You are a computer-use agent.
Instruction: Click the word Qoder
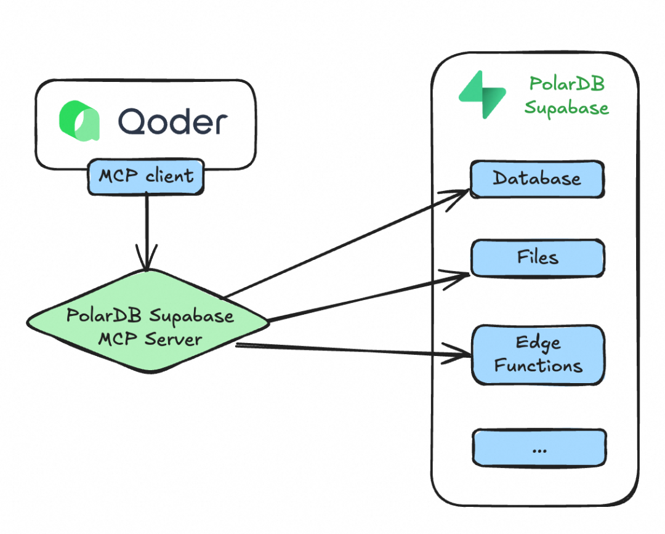tap(173, 121)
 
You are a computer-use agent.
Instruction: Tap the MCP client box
tap(146, 176)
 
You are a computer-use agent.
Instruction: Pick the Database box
tap(537, 179)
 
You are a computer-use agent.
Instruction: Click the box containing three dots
tap(539, 448)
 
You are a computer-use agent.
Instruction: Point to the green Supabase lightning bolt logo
tap(482, 94)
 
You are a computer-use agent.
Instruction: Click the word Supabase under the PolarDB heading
tap(566, 108)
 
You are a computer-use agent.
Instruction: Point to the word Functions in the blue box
tap(538, 366)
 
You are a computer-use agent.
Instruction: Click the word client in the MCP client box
tap(169, 176)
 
